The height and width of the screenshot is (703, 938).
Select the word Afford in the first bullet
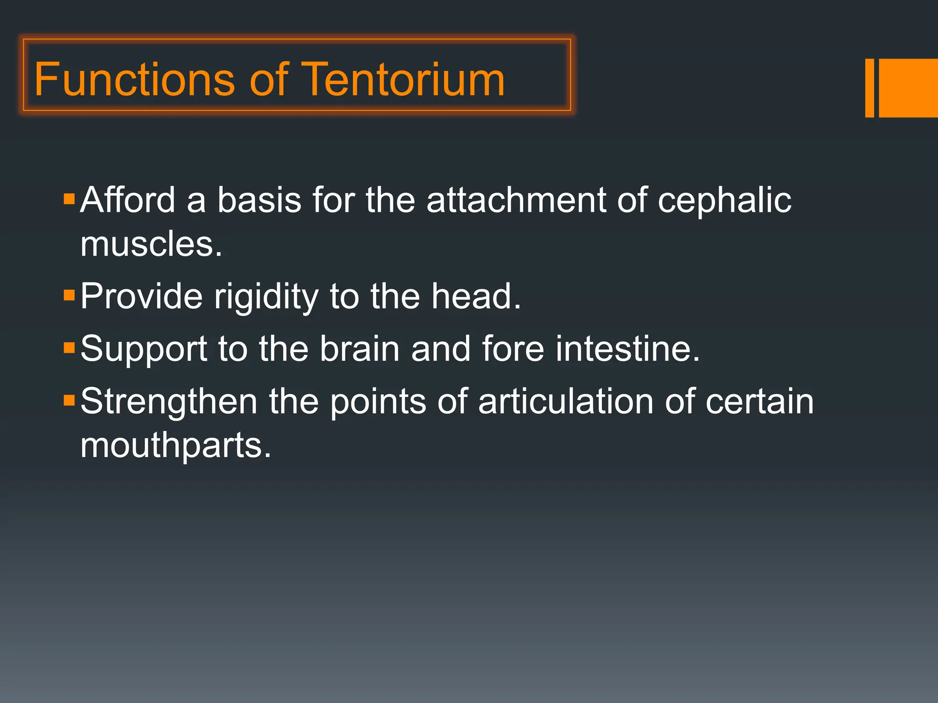(127, 200)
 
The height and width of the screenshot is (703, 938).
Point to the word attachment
(516, 200)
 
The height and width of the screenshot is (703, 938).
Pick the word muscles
(151, 244)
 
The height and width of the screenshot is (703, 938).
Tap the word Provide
(142, 297)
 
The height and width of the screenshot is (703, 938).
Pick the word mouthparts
(176, 446)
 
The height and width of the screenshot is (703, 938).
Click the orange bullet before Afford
(69, 199)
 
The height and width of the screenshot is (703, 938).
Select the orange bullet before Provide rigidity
(69, 295)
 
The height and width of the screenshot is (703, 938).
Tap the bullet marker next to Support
(69, 348)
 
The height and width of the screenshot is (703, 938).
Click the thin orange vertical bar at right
(869, 88)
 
